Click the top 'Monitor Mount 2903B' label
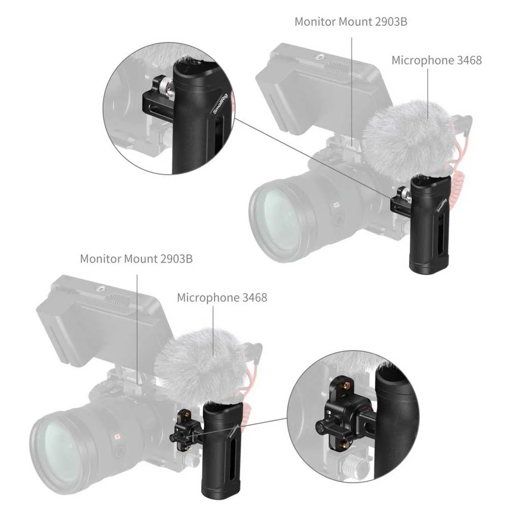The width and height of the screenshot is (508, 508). click(x=351, y=22)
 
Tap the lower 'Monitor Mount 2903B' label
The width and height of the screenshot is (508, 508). click(x=136, y=259)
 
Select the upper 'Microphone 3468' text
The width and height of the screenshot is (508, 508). click(x=436, y=60)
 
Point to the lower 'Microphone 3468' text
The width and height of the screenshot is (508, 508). click(x=222, y=297)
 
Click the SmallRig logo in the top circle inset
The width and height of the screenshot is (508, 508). click(x=220, y=103)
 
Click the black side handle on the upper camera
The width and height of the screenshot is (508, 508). click(x=429, y=224)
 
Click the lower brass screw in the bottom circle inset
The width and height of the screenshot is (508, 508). click(x=350, y=442)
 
